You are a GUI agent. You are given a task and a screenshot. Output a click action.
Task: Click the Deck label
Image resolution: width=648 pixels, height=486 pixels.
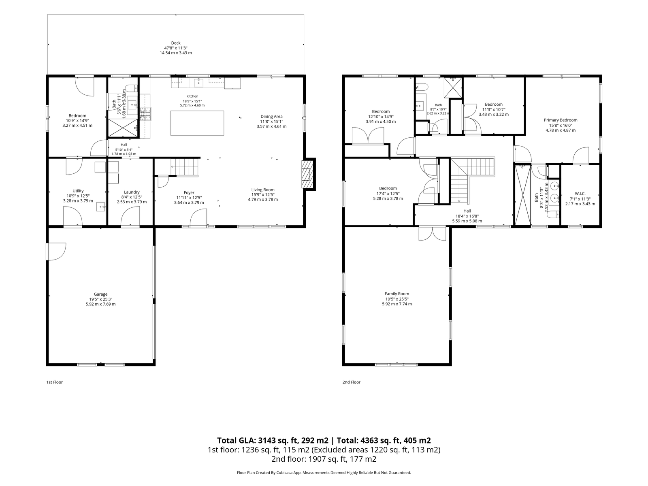click(x=176, y=43)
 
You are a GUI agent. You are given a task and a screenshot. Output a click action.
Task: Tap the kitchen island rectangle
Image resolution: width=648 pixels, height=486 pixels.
click(x=197, y=123)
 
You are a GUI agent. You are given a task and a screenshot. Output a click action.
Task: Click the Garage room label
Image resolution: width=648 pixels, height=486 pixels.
click(x=101, y=294)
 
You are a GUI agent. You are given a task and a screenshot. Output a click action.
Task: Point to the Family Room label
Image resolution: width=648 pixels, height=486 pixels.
click(x=397, y=294)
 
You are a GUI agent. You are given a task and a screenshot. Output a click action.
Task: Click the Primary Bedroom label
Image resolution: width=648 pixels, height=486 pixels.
click(x=561, y=120)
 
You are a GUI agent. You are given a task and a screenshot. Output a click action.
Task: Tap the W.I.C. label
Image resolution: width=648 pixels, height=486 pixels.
click(x=580, y=194)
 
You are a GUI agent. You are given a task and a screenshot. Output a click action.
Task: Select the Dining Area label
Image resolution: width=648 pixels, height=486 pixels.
click(x=271, y=117)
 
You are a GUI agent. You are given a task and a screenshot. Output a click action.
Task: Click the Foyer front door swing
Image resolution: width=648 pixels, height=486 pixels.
click(x=198, y=218)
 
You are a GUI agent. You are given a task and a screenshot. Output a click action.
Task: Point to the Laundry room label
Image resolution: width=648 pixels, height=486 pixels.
click(x=132, y=192)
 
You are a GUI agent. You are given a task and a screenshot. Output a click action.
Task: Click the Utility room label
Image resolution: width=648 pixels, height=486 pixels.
click(x=78, y=191)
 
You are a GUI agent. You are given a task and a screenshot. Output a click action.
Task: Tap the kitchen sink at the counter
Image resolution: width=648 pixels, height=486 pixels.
click(x=198, y=83)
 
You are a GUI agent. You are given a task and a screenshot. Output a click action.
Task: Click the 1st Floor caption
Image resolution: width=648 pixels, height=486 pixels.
click(x=55, y=382)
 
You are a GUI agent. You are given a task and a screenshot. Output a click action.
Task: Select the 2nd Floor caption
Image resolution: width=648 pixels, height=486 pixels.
click(x=351, y=382)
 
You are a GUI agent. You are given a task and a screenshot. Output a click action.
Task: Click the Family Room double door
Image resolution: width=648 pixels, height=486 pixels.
click(x=433, y=234)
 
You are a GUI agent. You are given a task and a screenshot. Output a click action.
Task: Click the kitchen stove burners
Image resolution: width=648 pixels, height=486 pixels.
click(x=145, y=114)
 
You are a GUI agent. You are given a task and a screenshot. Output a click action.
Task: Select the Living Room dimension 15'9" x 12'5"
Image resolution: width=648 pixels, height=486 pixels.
click(x=263, y=195)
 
